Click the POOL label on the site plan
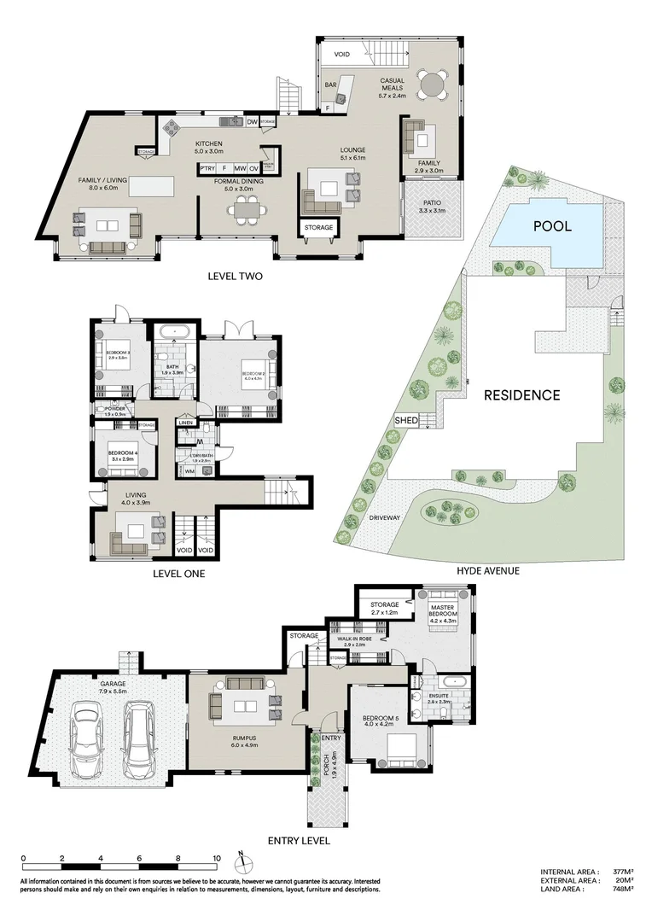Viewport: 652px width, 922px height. (552, 226)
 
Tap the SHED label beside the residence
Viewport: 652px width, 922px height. (405, 420)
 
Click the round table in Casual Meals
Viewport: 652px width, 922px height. (432, 85)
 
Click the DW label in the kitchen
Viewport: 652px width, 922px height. (252, 122)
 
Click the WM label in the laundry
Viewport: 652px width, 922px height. (189, 470)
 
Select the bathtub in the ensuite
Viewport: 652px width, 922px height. (446, 683)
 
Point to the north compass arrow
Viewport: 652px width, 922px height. (242, 857)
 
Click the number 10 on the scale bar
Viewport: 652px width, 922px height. (217, 859)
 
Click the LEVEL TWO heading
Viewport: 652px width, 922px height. (235, 276)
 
